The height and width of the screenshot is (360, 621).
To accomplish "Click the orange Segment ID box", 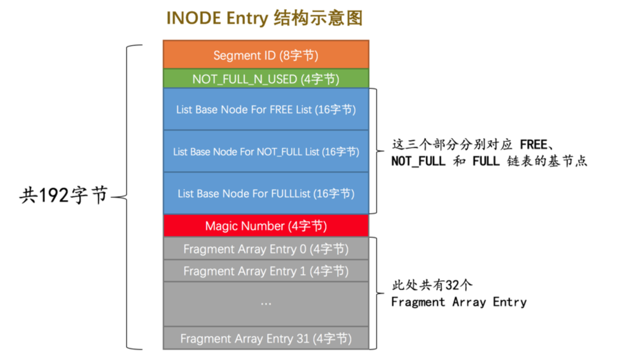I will [x=266, y=55].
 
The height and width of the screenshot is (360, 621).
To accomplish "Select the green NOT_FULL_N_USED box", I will [x=266, y=79].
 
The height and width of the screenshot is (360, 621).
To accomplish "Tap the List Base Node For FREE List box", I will [x=266, y=109].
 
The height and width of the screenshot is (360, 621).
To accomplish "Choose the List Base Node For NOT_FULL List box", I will [x=266, y=152].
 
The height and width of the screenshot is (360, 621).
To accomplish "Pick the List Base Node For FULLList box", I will [x=266, y=193].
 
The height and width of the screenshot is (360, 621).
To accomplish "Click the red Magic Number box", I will [x=266, y=226].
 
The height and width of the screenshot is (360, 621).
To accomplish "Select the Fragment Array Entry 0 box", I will [x=266, y=249].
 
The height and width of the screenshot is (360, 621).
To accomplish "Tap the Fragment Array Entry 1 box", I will [x=266, y=271].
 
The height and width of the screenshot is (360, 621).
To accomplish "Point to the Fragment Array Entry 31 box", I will [x=266, y=338].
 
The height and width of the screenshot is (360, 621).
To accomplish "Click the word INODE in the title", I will [x=193, y=18].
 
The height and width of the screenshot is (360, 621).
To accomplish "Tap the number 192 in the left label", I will [x=54, y=195].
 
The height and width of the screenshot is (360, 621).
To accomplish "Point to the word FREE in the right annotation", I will [x=533, y=144].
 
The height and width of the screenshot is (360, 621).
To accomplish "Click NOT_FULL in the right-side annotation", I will [x=418, y=161].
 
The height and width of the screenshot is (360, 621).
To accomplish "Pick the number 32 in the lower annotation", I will [x=452, y=285].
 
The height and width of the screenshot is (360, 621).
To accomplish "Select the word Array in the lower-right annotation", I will [x=469, y=302].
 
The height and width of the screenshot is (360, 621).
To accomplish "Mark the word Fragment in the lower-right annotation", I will [x=418, y=302].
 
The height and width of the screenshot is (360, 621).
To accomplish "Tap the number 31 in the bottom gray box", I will [x=303, y=338].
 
